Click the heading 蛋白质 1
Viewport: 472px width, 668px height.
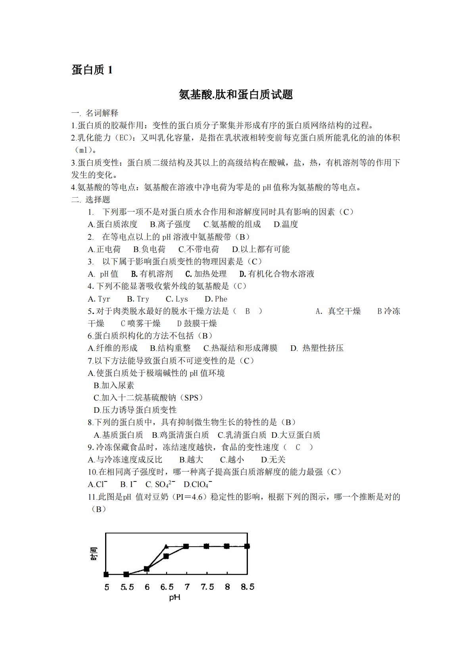pyautogui.click(x=92, y=70)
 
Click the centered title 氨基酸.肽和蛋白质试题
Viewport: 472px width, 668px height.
pyautogui.click(x=236, y=94)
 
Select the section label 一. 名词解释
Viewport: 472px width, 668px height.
pyautogui.click(x=95, y=113)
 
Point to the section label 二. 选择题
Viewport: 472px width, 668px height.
pyautogui.click(x=91, y=199)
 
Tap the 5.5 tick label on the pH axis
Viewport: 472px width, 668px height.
pyautogui.click(x=127, y=587)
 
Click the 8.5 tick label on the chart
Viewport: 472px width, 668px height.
pyautogui.click(x=248, y=587)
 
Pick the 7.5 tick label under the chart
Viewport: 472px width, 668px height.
pyautogui.click(x=207, y=587)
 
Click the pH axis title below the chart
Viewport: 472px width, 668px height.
pyautogui.click(x=175, y=597)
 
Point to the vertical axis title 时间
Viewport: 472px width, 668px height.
pyautogui.click(x=94, y=554)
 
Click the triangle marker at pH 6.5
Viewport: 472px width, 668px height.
pyautogui.click(x=167, y=547)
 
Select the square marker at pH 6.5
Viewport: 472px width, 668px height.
pyautogui.click(x=166, y=556)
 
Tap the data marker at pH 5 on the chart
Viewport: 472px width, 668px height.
pyautogui.click(x=106, y=574)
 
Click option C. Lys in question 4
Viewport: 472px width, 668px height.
pyautogui.click(x=177, y=299)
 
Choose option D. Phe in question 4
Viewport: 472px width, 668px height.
pyautogui.click(x=216, y=299)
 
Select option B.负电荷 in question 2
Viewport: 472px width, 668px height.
pyautogui.click(x=149, y=249)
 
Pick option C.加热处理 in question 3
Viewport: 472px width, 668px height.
pyautogui.click(x=206, y=274)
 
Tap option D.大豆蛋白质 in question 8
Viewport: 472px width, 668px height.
pyautogui.click(x=295, y=435)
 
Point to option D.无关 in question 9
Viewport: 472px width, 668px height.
pyautogui.click(x=273, y=460)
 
